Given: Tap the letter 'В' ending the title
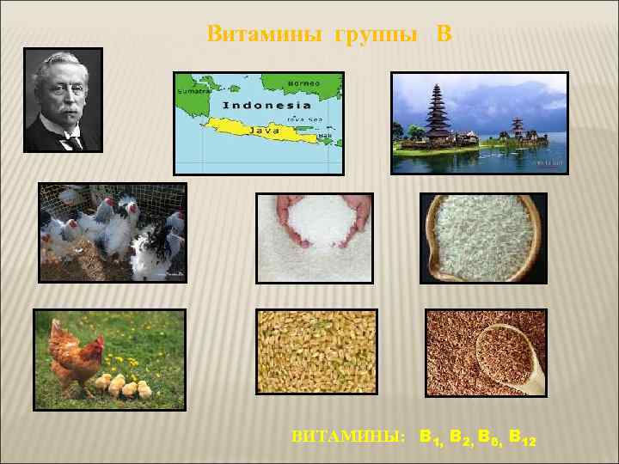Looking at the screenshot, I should pos(444,34).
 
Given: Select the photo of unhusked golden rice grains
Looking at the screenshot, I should pos(316,353).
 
